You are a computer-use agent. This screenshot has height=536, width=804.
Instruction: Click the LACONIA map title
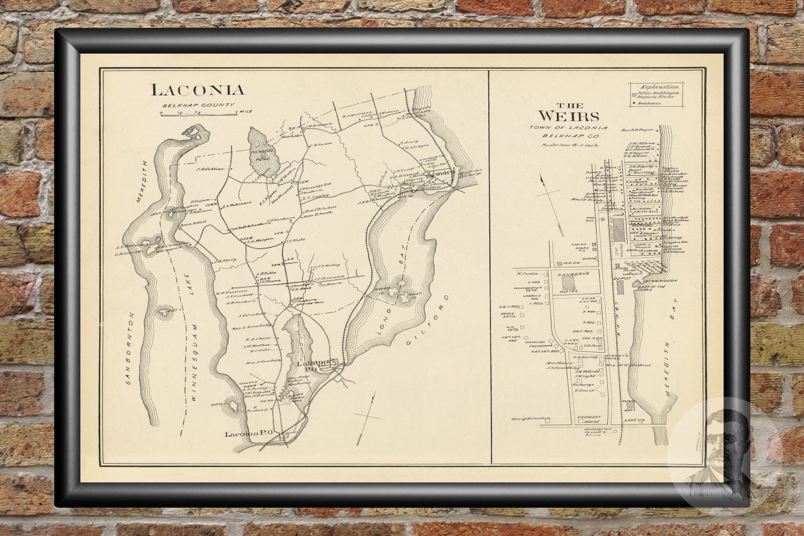point(197,90)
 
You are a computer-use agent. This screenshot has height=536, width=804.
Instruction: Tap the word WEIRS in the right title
point(569,116)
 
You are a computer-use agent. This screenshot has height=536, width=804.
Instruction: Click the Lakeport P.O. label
point(316,366)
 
